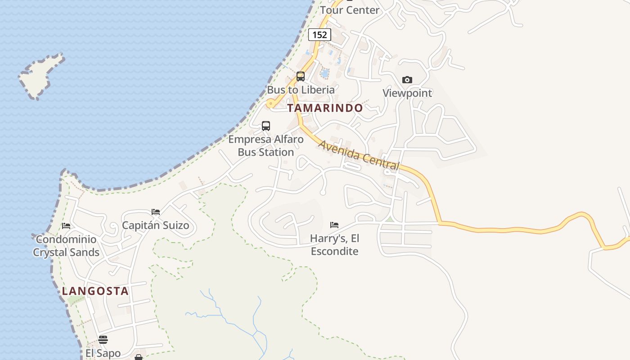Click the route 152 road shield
(319, 35)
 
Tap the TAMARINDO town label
(325, 108)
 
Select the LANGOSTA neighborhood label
(95, 291)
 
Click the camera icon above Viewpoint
(407, 80)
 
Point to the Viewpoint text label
(407, 93)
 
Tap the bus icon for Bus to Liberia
(300, 76)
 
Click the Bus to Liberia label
(301, 90)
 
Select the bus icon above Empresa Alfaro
(265, 126)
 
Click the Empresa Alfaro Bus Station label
(265, 145)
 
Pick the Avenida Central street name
(359, 155)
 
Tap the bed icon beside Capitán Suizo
(156, 211)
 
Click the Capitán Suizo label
(156, 225)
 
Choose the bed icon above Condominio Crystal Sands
(66, 226)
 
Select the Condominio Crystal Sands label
(66, 246)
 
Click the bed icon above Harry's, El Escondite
(334, 225)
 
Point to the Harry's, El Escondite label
(334, 244)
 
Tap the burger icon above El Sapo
(103, 340)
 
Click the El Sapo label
(103, 353)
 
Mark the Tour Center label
(350, 10)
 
